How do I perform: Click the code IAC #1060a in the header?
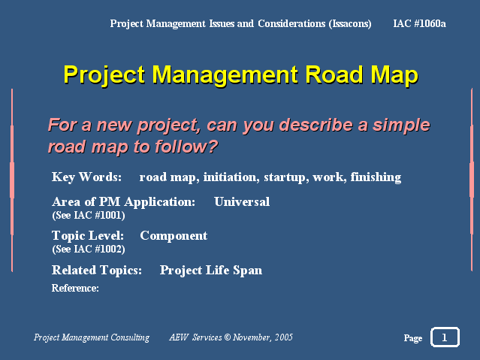tap(419, 23)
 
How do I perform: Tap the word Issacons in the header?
tap(350, 24)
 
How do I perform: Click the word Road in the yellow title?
tap(335, 74)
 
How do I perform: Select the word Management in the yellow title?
tap(225, 76)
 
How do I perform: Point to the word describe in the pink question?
tap(316, 125)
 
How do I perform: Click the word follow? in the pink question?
tap(186, 146)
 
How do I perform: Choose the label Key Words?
tap(86, 177)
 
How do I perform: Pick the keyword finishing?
tap(376, 177)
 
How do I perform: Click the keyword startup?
tap(286, 177)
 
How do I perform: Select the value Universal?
tap(242, 202)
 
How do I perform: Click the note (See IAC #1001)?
tap(89, 216)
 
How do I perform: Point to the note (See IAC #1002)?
tap(89, 249)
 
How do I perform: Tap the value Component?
tap(174, 236)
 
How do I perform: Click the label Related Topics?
tap(97, 271)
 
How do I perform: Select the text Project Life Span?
tap(211, 271)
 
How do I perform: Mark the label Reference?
tap(75, 288)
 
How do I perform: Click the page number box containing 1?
tap(445, 337)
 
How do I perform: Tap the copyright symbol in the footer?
tap(228, 337)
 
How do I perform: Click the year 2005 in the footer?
tap(283, 337)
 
